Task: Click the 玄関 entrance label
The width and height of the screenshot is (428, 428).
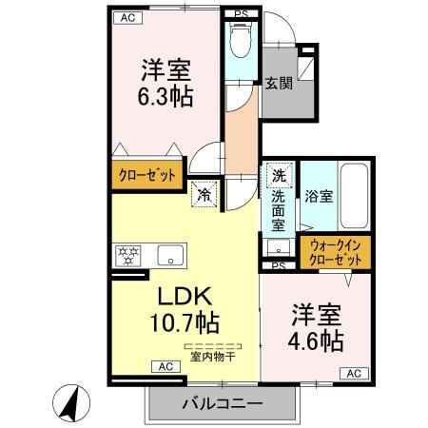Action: (279, 83)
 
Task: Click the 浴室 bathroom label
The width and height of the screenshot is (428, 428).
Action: (319, 197)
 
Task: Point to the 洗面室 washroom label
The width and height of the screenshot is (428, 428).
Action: (279, 210)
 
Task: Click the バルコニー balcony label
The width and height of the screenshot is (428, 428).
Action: (222, 403)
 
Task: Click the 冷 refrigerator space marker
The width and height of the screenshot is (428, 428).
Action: (204, 194)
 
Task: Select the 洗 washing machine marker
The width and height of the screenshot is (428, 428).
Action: (279, 175)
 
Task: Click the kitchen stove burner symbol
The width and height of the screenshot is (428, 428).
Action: (126, 255)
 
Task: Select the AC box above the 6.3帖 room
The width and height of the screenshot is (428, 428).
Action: (125, 17)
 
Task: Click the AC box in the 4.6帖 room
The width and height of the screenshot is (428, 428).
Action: (352, 373)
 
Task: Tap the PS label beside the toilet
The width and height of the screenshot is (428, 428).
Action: (243, 13)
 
